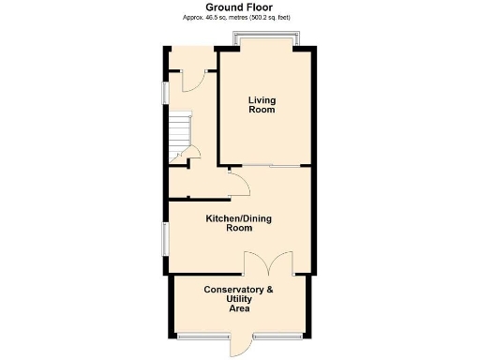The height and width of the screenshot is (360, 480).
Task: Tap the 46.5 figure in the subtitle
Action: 223,18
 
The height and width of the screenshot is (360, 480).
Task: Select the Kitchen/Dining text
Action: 239,218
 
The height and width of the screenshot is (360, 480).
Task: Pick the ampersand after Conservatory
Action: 270,290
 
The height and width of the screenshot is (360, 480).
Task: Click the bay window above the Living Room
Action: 266,40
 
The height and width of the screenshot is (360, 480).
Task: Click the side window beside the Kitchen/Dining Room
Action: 164,237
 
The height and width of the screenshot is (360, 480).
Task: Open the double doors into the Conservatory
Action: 268,262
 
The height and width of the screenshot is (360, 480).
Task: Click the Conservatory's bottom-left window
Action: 202,335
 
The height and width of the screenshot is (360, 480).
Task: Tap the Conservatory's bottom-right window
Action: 277,335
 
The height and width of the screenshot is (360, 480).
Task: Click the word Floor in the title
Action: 266,7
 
